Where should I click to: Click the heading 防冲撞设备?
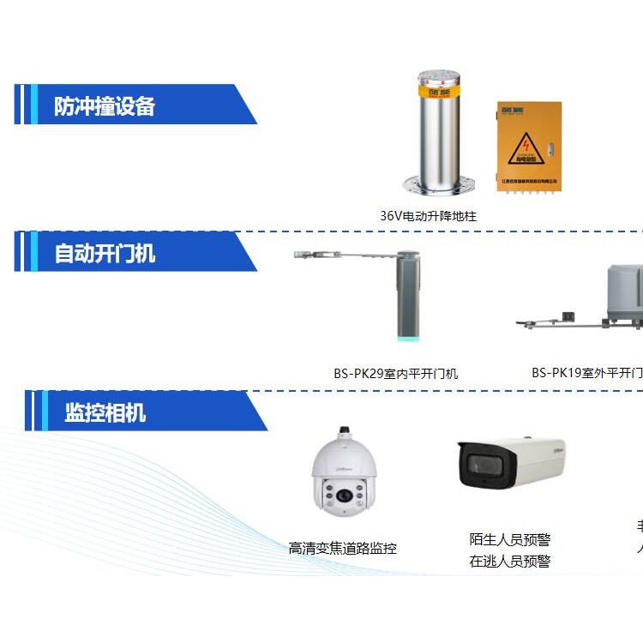pyautogui.click(x=105, y=106)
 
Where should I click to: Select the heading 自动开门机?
pyautogui.click(x=105, y=254)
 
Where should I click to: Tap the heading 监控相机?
pyautogui.click(x=105, y=413)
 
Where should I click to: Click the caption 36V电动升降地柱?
pyautogui.click(x=428, y=216)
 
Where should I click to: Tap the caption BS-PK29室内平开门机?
pyautogui.click(x=395, y=373)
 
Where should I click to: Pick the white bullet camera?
pyautogui.click(x=512, y=463)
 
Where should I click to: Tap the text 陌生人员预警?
pyautogui.click(x=510, y=539)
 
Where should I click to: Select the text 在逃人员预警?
pyautogui.click(x=510, y=562)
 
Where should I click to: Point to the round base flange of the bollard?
pyautogui.click(x=440, y=183)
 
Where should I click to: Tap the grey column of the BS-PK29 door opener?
pyautogui.click(x=408, y=296)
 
